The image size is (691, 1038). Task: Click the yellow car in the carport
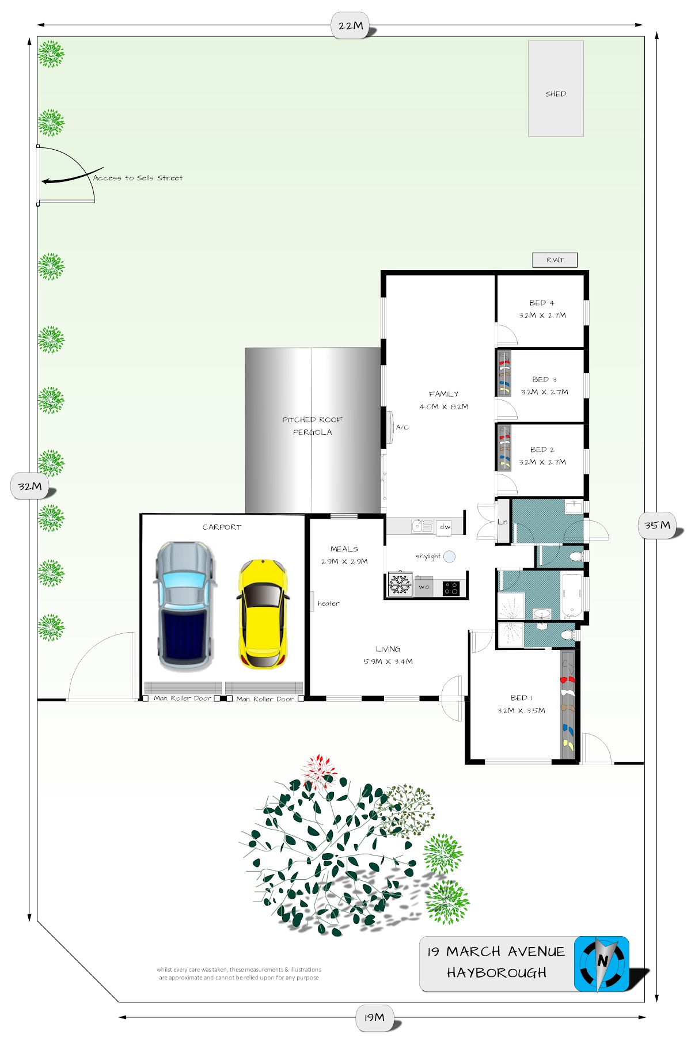[x=263, y=614]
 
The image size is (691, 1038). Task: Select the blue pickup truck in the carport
[x=184, y=606]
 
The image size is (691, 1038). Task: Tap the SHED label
[x=556, y=94]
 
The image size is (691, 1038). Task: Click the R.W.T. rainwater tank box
[x=555, y=260]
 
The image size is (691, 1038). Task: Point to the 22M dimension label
[x=351, y=26]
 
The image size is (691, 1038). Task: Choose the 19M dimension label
[x=374, y=1018]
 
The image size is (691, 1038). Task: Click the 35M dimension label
[x=657, y=525]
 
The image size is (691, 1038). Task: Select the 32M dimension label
[x=30, y=486]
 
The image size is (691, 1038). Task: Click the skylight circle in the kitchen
[x=450, y=556]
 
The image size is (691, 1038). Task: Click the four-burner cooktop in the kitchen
[x=451, y=588]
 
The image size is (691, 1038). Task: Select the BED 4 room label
[x=542, y=303]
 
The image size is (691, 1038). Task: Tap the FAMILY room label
[x=443, y=394]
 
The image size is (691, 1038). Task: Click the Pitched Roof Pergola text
[x=312, y=426]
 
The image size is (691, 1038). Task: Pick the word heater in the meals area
[x=328, y=603]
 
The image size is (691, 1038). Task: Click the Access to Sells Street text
[x=138, y=178]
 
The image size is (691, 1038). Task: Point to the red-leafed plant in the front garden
[x=318, y=771]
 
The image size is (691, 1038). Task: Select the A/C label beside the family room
[x=402, y=427]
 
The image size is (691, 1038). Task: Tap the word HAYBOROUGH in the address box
[x=496, y=973]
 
